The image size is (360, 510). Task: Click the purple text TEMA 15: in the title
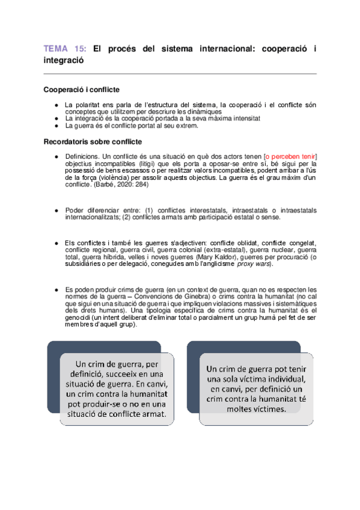[x=66, y=49]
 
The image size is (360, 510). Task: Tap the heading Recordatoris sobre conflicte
[x=93, y=142]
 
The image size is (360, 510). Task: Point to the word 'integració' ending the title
[x=64, y=60]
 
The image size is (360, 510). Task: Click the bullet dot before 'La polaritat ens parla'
[x=56, y=105]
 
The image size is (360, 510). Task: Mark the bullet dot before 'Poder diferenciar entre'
[x=56, y=210]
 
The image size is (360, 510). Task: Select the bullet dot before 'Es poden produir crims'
[x=56, y=289]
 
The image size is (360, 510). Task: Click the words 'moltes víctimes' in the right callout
[x=257, y=408]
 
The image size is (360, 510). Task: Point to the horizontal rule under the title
[x=180, y=74]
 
